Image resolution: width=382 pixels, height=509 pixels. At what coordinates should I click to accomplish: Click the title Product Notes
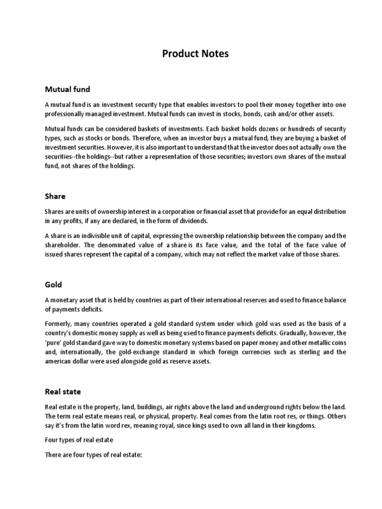(x=195, y=54)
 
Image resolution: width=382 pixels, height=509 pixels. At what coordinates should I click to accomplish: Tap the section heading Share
(x=55, y=196)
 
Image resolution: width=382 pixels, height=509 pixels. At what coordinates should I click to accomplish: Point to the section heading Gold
(x=54, y=285)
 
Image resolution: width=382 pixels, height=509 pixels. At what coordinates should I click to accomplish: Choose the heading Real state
(x=63, y=392)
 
